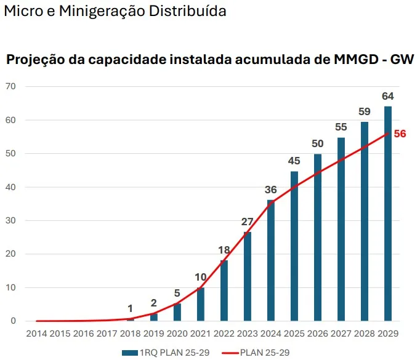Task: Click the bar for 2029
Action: point(388,214)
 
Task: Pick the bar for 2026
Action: point(318,237)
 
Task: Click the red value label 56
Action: point(400,134)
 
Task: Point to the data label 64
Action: point(388,96)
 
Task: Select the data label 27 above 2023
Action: point(248,222)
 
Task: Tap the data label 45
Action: point(294,161)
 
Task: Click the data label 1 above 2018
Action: point(131,308)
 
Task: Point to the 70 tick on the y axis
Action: point(10,86)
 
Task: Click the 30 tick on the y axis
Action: point(10,220)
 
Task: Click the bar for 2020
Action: point(177,312)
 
